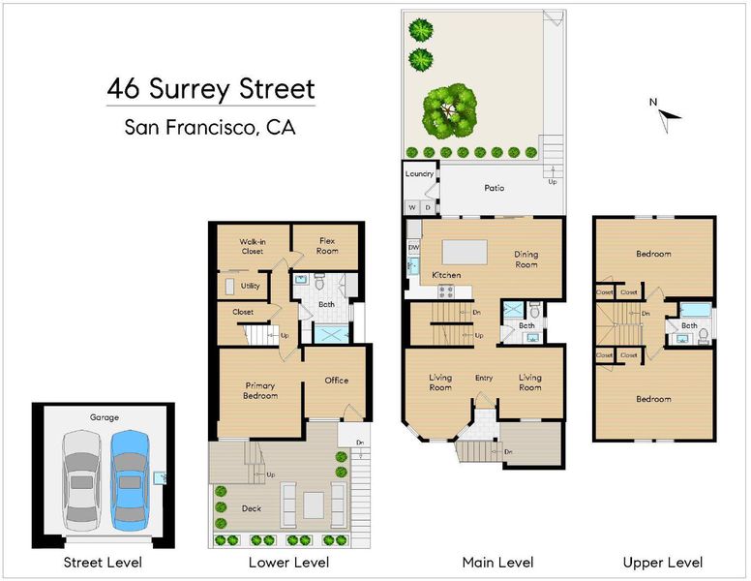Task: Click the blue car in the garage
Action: tap(130, 480)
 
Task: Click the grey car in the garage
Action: tap(82, 480)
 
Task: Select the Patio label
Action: tap(495, 188)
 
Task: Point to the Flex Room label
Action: tap(327, 245)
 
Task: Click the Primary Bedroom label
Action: tap(260, 390)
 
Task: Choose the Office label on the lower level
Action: tap(336, 381)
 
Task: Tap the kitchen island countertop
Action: tap(465, 252)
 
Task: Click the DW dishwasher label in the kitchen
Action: tap(414, 247)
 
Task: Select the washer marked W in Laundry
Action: tap(412, 207)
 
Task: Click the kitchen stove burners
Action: tap(446, 291)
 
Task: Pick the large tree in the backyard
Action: tap(449, 111)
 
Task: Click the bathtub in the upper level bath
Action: tap(696, 310)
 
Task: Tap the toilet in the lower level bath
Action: tap(319, 282)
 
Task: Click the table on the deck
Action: tap(314, 505)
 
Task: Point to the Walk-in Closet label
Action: tap(253, 246)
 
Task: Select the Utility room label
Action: tap(250, 286)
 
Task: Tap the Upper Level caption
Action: tap(662, 563)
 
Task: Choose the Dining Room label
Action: tap(526, 260)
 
